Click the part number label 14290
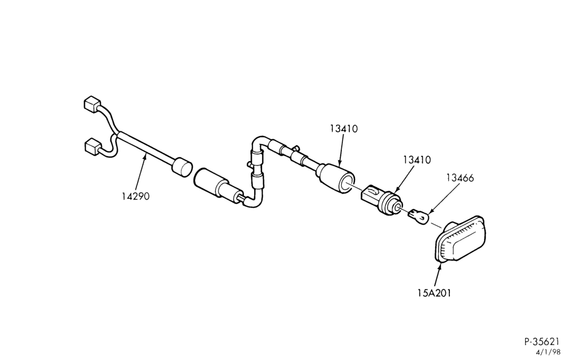point(135,196)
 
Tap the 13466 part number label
point(460,178)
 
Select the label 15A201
point(434,293)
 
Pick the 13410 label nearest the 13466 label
point(417,160)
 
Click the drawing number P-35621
point(542,341)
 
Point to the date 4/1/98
point(550,352)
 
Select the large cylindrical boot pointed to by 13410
point(335,179)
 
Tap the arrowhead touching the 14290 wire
point(146,157)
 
